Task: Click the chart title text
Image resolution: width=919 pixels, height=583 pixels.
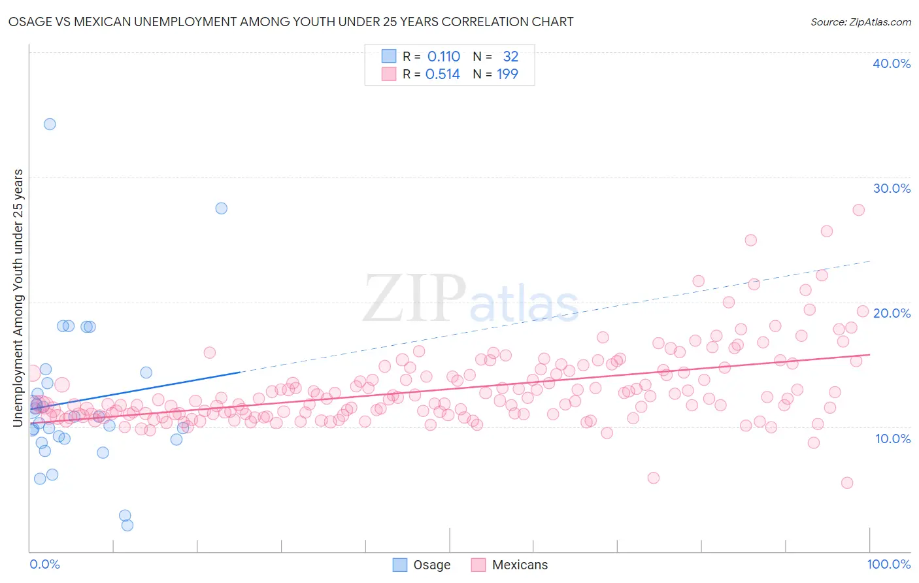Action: point(291,22)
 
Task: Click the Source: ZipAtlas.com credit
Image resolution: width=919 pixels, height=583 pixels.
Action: point(860,22)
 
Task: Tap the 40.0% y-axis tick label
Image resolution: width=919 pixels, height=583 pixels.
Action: point(892,63)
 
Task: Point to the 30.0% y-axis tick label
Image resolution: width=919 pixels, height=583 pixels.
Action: point(892,188)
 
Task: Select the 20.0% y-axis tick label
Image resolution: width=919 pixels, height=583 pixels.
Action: point(892,313)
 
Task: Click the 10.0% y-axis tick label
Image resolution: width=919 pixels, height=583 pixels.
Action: point(893,439)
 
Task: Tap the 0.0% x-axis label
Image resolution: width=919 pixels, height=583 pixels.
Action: point(44,564)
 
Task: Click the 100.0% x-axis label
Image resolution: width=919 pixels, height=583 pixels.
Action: point(889,564)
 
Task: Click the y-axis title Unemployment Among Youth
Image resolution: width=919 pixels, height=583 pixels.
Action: point(18,298)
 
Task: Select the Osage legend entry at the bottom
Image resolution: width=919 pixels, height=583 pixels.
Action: point(422,565)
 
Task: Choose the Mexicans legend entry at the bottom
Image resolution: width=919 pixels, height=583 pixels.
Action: point(510,565)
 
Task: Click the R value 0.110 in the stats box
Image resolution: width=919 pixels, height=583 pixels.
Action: point(444,57)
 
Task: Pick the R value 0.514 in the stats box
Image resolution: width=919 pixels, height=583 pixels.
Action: point(443,75)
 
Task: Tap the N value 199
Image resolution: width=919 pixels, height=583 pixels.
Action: point(507,75)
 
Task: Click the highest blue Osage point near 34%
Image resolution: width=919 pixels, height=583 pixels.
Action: point(50,124)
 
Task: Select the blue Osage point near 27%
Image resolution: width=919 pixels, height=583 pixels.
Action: point(222,208)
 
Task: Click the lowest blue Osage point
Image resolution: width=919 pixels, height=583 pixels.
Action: point(127,525)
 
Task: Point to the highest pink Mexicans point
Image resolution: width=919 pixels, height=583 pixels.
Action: point(859,210)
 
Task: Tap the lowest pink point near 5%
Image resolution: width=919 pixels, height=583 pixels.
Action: point(847,483)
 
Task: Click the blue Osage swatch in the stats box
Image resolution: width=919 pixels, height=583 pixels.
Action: point(389,56)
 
